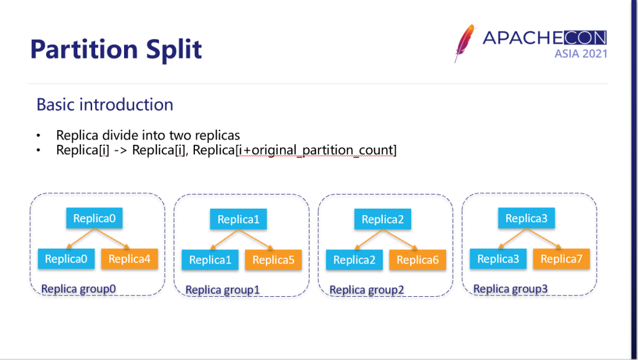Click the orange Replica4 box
click(x=130, y=259)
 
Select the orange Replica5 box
click(x=274, y=260)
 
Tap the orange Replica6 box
click(x=418, y=260)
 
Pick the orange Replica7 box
click(x=561, y=259)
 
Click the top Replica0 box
click(x=95, y=219)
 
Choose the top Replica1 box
click(x=239, y=220)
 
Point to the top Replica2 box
click(x=383, y=220)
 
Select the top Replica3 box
click(x=526, y=219)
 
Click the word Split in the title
click(x=171, y=49)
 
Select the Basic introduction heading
click(x=105, y=105)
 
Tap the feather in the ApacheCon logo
click(x=465, y=43)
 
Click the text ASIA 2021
click(x=581, y=54)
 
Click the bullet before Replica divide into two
click(x=38, y=135)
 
